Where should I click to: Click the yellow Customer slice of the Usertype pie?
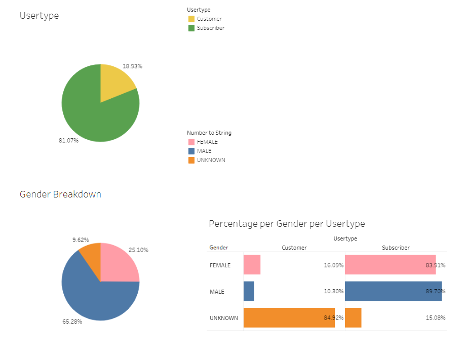115,83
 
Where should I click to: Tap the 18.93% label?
132,66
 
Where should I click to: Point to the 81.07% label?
68,140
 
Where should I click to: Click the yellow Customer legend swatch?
191,19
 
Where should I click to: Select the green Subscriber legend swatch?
191,28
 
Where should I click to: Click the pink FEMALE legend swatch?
191,142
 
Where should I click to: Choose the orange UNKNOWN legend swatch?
191,161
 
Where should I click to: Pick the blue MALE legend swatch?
191,151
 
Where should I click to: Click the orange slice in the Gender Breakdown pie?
90,255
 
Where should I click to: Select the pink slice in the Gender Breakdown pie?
119,263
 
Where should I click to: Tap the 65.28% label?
72,322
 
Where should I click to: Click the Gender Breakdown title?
60,194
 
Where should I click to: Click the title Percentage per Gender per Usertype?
287,223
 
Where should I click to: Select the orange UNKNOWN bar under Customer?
289,317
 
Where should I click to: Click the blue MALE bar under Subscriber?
393,291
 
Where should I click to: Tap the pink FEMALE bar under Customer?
252,265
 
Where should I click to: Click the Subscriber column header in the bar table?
396,248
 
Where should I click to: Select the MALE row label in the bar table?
217,292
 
